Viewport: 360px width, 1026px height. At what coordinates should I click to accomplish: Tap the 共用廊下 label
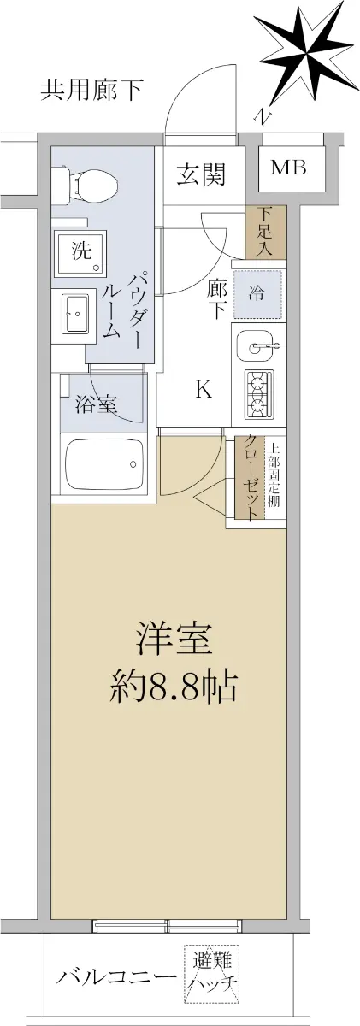click(91, 91)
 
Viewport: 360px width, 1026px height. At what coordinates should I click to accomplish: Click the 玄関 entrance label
click(202, 174)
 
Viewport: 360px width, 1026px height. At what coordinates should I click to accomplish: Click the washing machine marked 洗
click(81, 252)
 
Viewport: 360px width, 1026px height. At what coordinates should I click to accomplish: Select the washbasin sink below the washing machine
click(77, 314)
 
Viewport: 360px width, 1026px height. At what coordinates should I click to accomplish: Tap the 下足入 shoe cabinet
click(266, 232)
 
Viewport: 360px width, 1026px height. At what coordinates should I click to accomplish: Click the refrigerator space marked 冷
click(257, 293)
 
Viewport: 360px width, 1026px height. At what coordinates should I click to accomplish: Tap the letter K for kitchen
click(204, 390)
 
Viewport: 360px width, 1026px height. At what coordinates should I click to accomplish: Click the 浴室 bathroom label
click(97, 404)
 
